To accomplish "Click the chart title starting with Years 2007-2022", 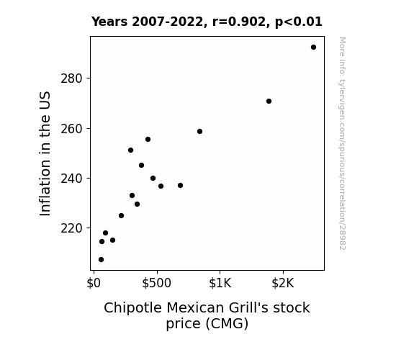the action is [207, 22].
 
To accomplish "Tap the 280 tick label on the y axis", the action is [72, 78].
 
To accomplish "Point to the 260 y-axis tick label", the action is [72, 129].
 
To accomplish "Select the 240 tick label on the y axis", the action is [72, 179].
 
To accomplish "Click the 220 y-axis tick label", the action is [72, 228].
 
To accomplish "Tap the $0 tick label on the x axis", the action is [94, 283].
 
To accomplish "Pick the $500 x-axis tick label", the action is [157, 283].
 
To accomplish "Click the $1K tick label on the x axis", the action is [220, 283].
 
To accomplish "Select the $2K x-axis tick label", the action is [283, 283].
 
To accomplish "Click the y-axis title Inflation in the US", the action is [45, 153].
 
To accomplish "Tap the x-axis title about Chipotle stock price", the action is [207, 315].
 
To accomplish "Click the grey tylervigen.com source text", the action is [342, 143].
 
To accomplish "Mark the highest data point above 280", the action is [313, 48].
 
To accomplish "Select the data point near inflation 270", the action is [269, 101].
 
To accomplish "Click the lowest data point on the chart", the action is [101, 260].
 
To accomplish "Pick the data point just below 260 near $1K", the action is [199, 132].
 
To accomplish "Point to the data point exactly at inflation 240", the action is [153, 179].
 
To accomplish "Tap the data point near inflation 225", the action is [121, 216].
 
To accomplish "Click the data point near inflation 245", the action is [141, 166].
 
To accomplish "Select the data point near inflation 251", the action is [130, 150].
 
